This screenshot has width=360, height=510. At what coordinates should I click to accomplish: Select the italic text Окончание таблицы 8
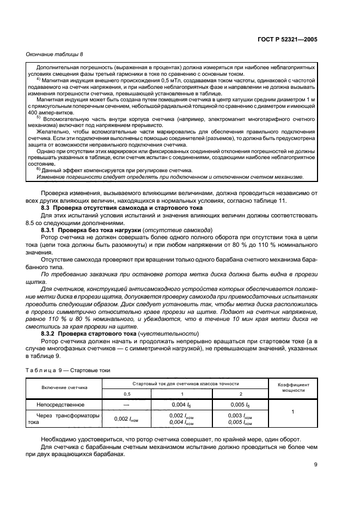click(x=54, y=54)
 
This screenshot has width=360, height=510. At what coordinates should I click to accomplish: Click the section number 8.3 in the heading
click(x=47, y=208)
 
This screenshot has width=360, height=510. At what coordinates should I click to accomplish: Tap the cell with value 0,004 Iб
click(x=181, y=405)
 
